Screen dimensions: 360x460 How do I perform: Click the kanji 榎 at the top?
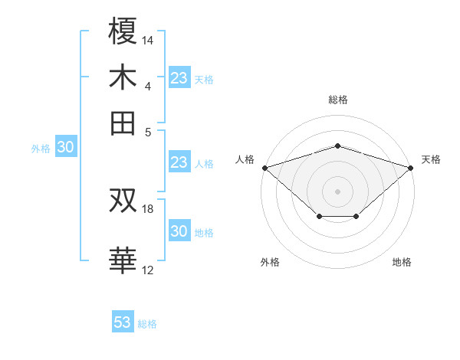(123, 31)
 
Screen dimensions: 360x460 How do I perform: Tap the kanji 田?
(123, 123)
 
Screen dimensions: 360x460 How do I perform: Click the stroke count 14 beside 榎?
(148, 40)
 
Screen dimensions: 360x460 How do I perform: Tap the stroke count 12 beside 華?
(148, 270)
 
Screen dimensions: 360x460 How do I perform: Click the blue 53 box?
(123, 322)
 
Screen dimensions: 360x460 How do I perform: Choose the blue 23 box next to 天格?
(179, 78)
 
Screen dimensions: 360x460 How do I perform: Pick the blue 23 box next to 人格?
(179, 162)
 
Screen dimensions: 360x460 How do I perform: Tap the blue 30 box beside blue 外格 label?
(65, 148)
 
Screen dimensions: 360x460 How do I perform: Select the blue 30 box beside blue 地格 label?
(179, 232)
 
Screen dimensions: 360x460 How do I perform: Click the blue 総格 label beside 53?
(147, 324)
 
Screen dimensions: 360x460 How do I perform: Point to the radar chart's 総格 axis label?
(337, 100)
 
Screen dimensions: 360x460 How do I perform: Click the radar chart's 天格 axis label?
(432, 159)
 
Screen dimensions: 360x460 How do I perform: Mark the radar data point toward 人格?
(264, 167)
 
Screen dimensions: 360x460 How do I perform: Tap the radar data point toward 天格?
(411, 167)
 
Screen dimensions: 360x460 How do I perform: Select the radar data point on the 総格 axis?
(337, 146)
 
